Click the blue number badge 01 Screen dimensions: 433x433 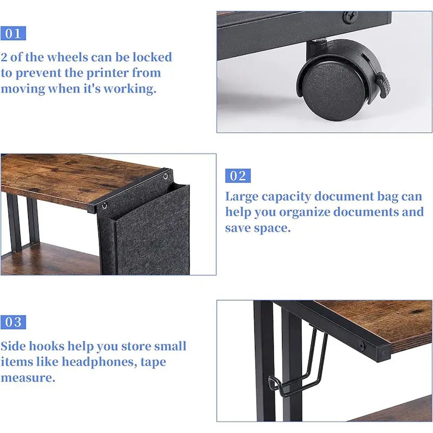13,34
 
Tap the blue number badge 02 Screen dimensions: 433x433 238,175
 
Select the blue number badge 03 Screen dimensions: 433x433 13,322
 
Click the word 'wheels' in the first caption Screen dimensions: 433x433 67,57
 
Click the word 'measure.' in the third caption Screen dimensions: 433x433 28,378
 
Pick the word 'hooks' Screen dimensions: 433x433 47,346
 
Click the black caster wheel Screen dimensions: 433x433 334,89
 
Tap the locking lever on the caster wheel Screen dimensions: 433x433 384,84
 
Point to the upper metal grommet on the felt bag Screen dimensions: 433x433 166,176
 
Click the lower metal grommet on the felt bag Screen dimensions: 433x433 104,206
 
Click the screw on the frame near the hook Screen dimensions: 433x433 362,345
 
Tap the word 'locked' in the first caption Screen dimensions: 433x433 152,57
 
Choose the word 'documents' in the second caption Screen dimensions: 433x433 365,212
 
